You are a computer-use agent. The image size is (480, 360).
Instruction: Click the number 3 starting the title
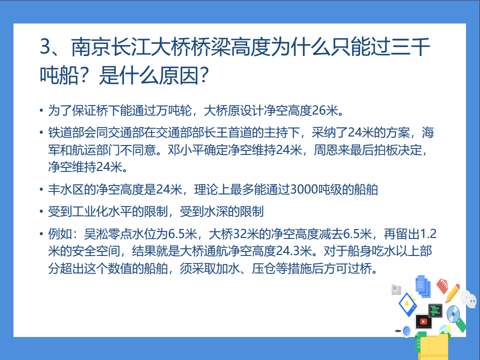click(45, 47)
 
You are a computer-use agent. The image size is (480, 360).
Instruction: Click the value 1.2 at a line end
click(428, 234)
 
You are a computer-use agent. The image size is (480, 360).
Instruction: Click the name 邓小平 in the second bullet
click(185, 150)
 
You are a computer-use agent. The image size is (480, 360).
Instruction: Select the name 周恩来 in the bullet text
click(332, 150)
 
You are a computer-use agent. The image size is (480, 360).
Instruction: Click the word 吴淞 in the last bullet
click(96, 234)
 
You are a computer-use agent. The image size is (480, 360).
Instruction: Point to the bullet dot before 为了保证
click(41, 110)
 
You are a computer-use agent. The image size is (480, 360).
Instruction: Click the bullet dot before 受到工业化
click(41, 211)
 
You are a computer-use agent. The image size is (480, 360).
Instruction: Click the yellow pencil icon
click(452, 293)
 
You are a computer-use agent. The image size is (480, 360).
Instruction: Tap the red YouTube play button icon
click(424, 321)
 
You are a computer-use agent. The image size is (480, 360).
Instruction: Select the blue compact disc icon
click(453, 314)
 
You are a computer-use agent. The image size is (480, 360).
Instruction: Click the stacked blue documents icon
click(423, 286)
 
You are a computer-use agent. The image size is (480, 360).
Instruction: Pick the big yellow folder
click(434, 347)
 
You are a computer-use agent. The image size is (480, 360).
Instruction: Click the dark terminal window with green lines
click(435, 310)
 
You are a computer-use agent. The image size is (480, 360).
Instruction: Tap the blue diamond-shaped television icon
click(408, 304)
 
